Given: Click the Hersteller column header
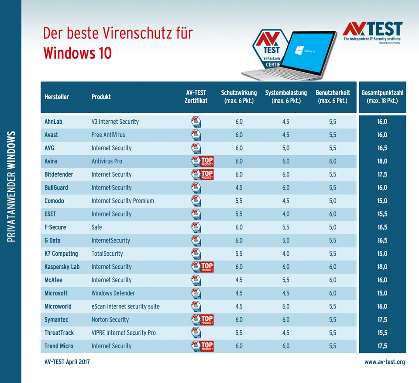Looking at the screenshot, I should pos(57,97).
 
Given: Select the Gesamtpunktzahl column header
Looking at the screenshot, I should pos(382,97).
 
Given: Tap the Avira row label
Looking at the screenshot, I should pos(52,161).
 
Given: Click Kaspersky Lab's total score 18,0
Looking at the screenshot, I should pos(382,267).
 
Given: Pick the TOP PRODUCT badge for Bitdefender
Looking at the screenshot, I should pos(202,174).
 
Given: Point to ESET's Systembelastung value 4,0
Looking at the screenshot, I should pos(285,214).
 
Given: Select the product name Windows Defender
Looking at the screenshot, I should pos(113,293).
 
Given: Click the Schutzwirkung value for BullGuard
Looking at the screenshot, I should pos(239,188).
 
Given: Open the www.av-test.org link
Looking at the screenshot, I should pos(385,362).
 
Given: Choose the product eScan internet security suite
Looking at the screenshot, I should pos(126,306).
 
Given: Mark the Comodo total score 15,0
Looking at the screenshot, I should pos(382,201).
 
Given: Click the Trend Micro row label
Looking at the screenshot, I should pos(59,346).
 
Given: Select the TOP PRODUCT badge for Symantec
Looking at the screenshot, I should pos(202,320).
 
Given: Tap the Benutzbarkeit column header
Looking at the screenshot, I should pos(333,97).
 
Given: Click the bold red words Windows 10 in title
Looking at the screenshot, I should pos(77,53).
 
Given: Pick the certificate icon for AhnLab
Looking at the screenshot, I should pos(196,122).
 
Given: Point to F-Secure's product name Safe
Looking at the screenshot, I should pos(97,227).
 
